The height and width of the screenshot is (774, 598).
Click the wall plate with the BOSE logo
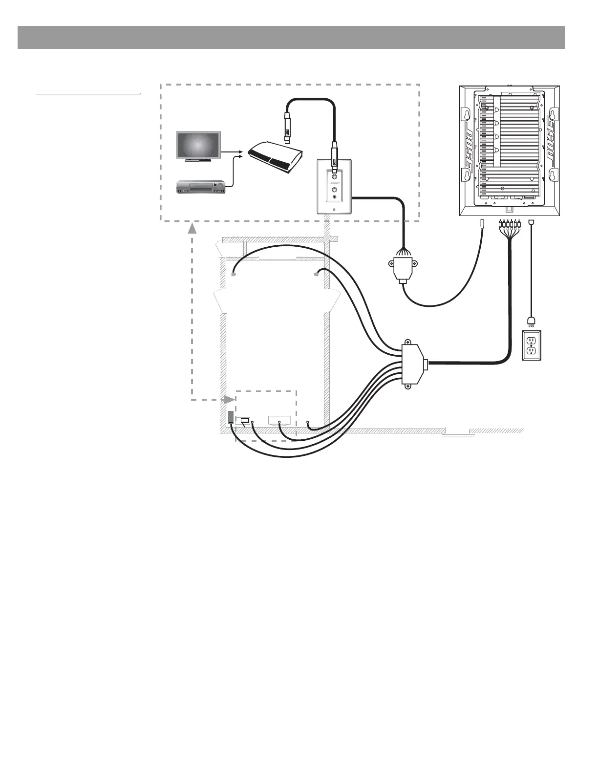pyautogui.click(x=334, y=186)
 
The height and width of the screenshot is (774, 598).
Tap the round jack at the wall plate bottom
pyautogui.click(x=334, y=198)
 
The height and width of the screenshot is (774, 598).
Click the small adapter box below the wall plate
pyautogui.click(x=404, y=269)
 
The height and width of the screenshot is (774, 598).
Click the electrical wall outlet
pyautogui.click(x=532, y=346)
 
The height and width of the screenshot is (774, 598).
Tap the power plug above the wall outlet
pyautogui.click(x=531, y=321)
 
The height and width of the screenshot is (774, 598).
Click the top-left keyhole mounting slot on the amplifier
pyautogui.click(x=468, y=114)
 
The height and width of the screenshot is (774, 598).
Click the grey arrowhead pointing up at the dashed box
pyautogui.click(x=192, y=229)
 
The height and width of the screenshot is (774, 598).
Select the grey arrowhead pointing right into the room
pyautogui.click(x=229, y=399)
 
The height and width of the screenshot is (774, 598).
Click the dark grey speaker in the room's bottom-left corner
pyautogui.click(x=231, y=417)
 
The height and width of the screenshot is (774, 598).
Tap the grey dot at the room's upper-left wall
pyautogui.click(x=234, y=275)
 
